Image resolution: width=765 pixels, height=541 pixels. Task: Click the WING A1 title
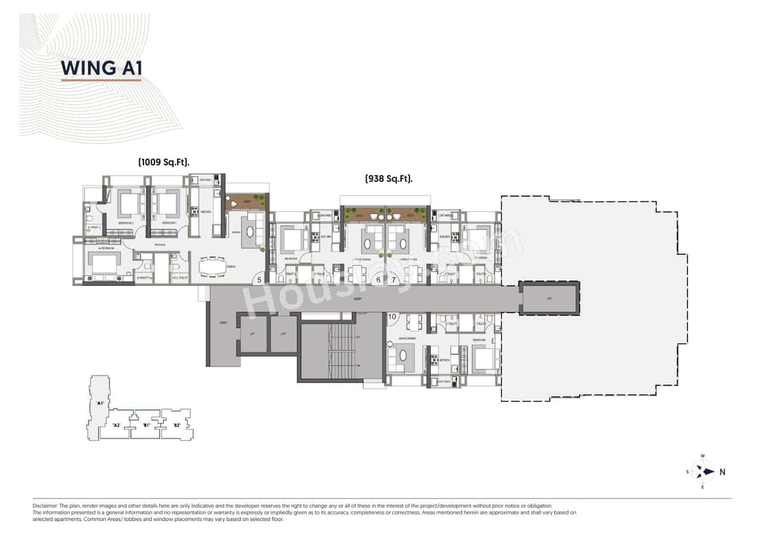click(x=100, y=68)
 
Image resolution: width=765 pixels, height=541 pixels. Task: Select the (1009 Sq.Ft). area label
click(x=167, y=162)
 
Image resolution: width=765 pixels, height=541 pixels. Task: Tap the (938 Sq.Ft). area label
click(x=389, y=178)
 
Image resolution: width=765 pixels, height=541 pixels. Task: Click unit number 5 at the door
click(x=259, y=279)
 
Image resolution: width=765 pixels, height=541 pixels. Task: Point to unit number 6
click(x=378, y=279)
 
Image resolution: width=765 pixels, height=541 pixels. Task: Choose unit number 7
click(x=394, y=279)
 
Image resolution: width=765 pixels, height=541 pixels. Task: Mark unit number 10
click(x=393, y=317)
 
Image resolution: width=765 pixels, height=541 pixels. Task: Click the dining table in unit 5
click(x=212, y=267)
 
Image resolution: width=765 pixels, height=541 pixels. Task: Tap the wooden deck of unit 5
click(x=246, y=201)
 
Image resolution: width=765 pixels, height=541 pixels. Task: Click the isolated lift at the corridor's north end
click(x=549, y=298)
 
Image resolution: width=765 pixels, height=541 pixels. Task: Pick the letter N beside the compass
click(x=722, y=472)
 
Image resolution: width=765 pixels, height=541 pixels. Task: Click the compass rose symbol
click(x=703, y=471)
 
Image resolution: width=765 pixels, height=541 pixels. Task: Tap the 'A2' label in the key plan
click(x=117, y=425)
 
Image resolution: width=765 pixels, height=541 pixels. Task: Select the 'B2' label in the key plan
click(x=177, y=425)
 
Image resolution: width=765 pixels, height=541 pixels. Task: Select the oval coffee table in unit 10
click(x=403, y=356)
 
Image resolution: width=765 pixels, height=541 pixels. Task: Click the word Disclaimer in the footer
click(x=45, y=506)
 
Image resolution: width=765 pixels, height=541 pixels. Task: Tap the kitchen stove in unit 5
click(x=194, y=212)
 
